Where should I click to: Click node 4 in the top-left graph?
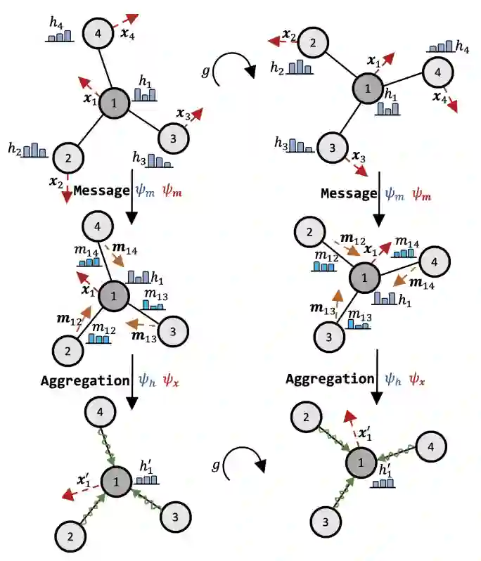coord(98,32)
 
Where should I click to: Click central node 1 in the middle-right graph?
coord(364,278)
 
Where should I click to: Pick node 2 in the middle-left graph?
coord(68,350)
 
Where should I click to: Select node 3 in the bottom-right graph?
coord(326,522)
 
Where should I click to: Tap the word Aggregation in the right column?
coord(331,379)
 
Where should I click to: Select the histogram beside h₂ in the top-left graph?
coord(34,150)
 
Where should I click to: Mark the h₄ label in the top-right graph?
coord(462,48)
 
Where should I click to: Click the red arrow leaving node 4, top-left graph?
coord(126,20)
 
